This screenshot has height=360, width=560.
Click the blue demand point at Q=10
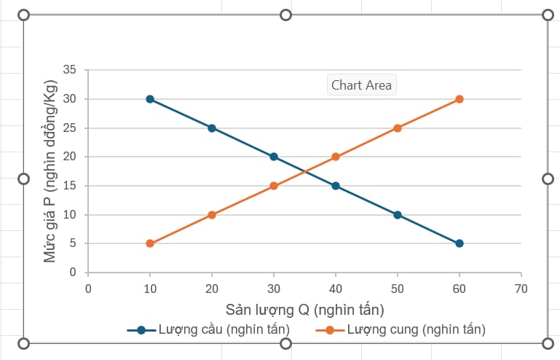pyautogui.click(x=150, y=99)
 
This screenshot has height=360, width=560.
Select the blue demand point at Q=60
pyautogui.click(x=460, y=243)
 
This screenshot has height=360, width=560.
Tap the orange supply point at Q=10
pyautogui.click(x=150, y=243)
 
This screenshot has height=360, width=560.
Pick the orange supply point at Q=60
pyautogui.click(x=460, y=99)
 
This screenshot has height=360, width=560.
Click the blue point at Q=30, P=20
pyautogui.click(x=274, y=157)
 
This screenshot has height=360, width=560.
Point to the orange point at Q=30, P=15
pyautogui.click(x=274, y=186)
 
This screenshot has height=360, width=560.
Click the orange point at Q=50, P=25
pyautogui.click(x=398, y=128)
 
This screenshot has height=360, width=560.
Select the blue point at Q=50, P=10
pyautogui.click(x=398, y=215)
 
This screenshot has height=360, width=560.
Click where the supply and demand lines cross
pyautogui.click(x=304, y=171)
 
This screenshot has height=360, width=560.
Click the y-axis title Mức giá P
pyautogui.click(x=50, y=172)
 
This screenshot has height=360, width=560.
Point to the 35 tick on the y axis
pyautogui.click(x=70, y=70)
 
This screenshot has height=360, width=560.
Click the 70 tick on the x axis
pyautogui.click(x=521, y=288)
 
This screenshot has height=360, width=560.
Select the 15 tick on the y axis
pyautogui.click(x=70, y=186)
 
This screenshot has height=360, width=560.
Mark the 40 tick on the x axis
pyautogui.click(x=336, y=288)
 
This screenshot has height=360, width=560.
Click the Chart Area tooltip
pyautogui.click(x=361, y=85)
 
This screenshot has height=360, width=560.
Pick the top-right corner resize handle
pyautogui.click(x=548, y=15)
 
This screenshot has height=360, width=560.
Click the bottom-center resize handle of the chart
pyautogui.click(x=285, y=343)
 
